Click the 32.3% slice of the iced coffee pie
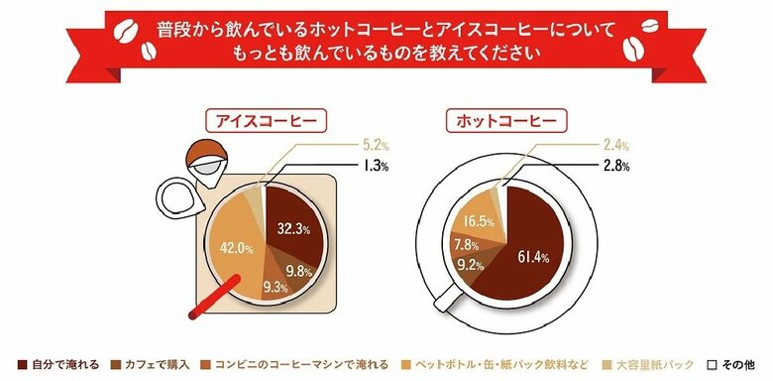pyautogui.click(x=293, y=229)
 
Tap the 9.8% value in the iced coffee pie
pyautogui.click(x=299, y=269)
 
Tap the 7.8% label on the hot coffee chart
pyautogui.click(x=467, y=244)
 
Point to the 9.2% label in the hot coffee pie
pyautogui.click(x=471, y=265)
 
